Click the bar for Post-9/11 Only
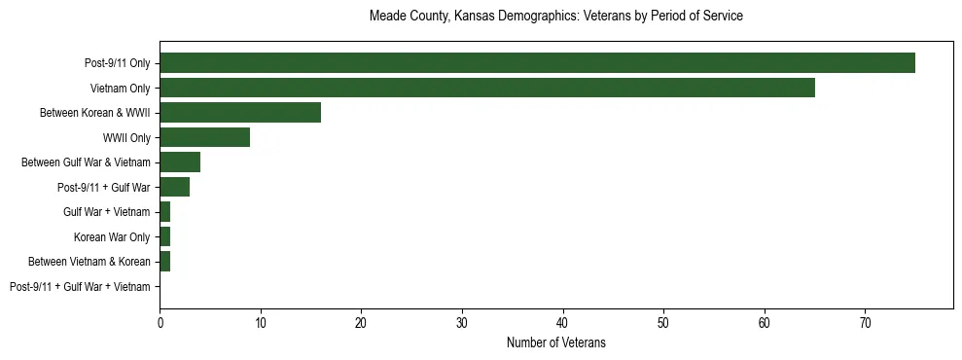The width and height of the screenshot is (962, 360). (x=537, y=63)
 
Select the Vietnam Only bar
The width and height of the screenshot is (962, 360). (x=486, y=88)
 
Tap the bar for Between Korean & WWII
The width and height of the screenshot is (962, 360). (x=240, y=113)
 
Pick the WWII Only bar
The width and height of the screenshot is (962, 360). (x=204, y=137)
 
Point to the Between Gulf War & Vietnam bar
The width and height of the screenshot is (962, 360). (x=180, y=162)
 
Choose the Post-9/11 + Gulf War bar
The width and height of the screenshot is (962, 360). (x=174, y=187)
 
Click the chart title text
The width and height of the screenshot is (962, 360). (x=555, y=17)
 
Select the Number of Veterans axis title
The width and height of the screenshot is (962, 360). (x=555, y=342)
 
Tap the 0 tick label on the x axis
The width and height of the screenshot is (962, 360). (x=160, y=321)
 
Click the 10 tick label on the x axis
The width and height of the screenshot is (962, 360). (x=261, y=321)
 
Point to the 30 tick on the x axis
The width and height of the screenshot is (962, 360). (x=462, y=321)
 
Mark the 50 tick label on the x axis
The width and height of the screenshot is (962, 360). (x=663, y=321)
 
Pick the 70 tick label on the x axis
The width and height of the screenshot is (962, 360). (x=865, y=321)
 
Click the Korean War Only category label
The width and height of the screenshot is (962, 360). (x=112, y=236)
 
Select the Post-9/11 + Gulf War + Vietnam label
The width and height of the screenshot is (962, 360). (x=80, y=287)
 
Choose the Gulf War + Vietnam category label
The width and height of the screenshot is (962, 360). (x=107, y=212)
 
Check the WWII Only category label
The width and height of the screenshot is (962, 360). (x=126, y=137)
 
